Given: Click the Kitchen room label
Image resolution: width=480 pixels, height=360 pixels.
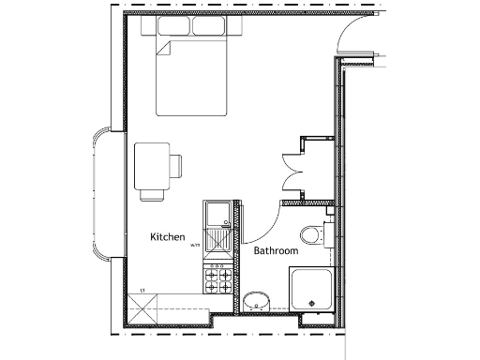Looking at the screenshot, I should (168, 238).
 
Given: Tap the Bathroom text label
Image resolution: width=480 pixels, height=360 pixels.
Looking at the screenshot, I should (276, 251).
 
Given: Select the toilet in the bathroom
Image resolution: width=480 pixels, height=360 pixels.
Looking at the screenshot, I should (312, 234).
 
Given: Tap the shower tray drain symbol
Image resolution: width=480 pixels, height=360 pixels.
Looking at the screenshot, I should (311, 303).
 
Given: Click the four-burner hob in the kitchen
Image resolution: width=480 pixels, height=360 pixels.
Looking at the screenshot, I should (218, 278).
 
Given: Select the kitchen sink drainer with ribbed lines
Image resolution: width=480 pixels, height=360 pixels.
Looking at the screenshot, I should (217, 241).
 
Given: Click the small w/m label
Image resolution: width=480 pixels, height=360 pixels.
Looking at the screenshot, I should (195, 246).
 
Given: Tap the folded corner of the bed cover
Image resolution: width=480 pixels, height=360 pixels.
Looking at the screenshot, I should (163, 49).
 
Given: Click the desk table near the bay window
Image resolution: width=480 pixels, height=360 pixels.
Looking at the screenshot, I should (151, 165).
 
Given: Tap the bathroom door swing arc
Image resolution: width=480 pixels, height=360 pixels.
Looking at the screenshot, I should (265, 225).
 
